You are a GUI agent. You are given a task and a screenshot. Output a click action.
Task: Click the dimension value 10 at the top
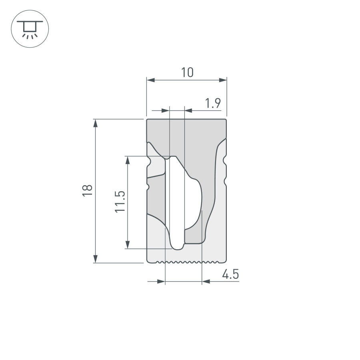click(187, 72)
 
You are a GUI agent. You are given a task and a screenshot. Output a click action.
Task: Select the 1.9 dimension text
click(213, 104)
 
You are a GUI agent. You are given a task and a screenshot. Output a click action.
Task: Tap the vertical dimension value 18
click(88, 190)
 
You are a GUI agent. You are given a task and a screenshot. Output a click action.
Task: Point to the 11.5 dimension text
click(120, 202)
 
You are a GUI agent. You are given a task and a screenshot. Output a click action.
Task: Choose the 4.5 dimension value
click(230, 275)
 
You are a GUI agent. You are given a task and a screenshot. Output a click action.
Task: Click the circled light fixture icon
click(30, 29)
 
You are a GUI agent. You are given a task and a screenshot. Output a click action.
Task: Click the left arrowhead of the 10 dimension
click(150, 80)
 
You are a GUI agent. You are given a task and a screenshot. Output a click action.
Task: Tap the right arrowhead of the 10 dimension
click(223, 80)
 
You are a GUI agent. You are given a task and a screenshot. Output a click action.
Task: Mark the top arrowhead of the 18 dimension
click(96, 123)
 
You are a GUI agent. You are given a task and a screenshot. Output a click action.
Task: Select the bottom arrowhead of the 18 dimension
click(96, 259)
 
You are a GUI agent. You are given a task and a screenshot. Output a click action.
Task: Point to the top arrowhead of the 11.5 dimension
click(128, 160)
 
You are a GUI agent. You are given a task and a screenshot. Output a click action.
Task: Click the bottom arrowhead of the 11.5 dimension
click(128, 244)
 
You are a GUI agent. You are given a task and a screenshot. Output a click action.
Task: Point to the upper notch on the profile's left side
click(149, 162)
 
